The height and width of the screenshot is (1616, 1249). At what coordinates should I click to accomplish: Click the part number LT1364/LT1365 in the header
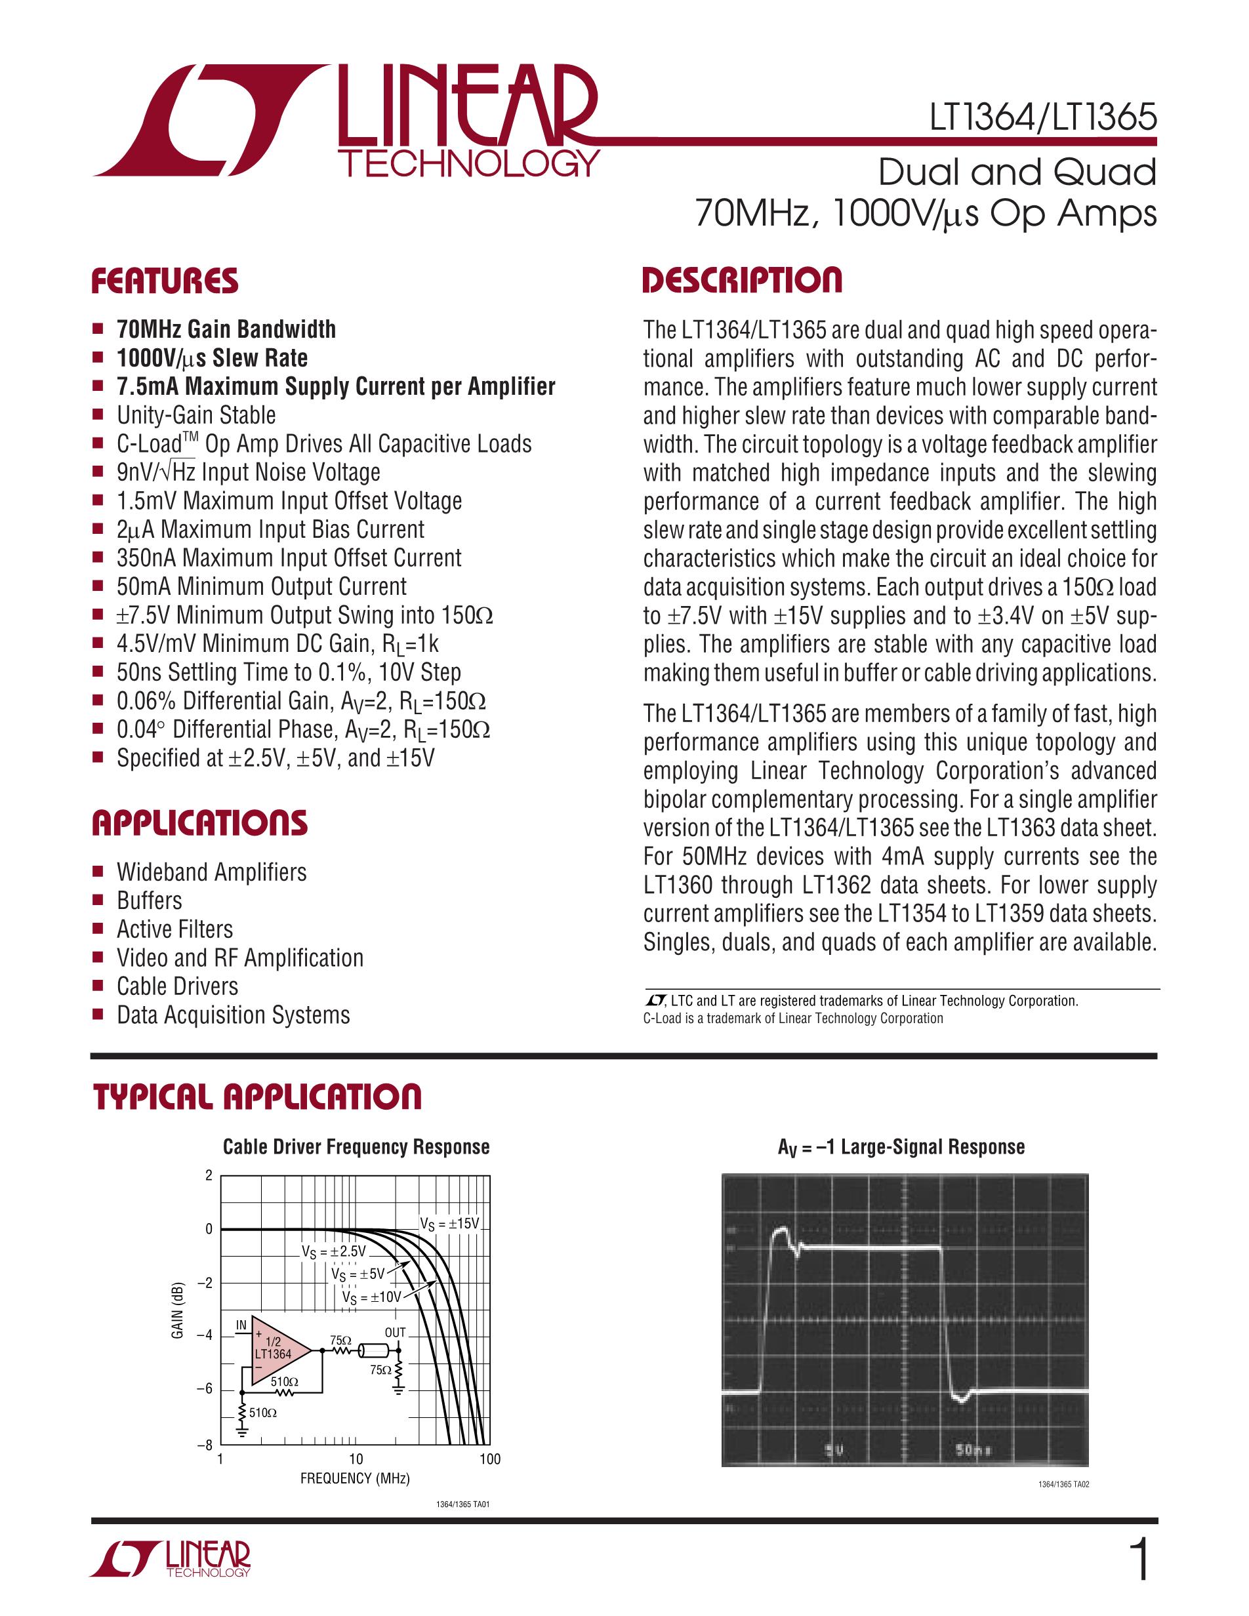click(1042, 117)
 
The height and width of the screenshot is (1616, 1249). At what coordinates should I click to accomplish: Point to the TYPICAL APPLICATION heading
click(256, 1097)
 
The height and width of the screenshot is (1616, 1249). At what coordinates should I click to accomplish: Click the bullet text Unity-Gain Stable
click(196, 415)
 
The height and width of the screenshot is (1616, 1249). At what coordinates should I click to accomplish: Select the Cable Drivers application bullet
click(178, 986)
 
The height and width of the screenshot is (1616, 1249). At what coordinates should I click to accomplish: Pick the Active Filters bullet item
click(174, 929)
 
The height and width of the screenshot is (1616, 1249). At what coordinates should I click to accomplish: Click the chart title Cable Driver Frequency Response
click(356, 1147)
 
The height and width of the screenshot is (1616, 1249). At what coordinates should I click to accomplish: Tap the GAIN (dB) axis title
click(178, 1310)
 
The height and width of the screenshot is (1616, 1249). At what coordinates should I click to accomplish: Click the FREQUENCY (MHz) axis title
click(355, 1478)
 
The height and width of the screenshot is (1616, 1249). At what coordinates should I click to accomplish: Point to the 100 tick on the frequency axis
click(490, 1459)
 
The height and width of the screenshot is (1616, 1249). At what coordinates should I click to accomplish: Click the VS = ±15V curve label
click(449, 1224)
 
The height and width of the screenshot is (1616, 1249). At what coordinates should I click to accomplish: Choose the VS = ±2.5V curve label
click(333, 1251)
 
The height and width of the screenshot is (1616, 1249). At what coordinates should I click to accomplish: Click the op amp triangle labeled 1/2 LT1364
click(277, 1350)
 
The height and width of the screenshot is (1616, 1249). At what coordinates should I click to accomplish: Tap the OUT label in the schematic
click(395, 1333)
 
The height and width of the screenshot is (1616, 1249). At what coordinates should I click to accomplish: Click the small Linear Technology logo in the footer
click(171, 1560)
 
